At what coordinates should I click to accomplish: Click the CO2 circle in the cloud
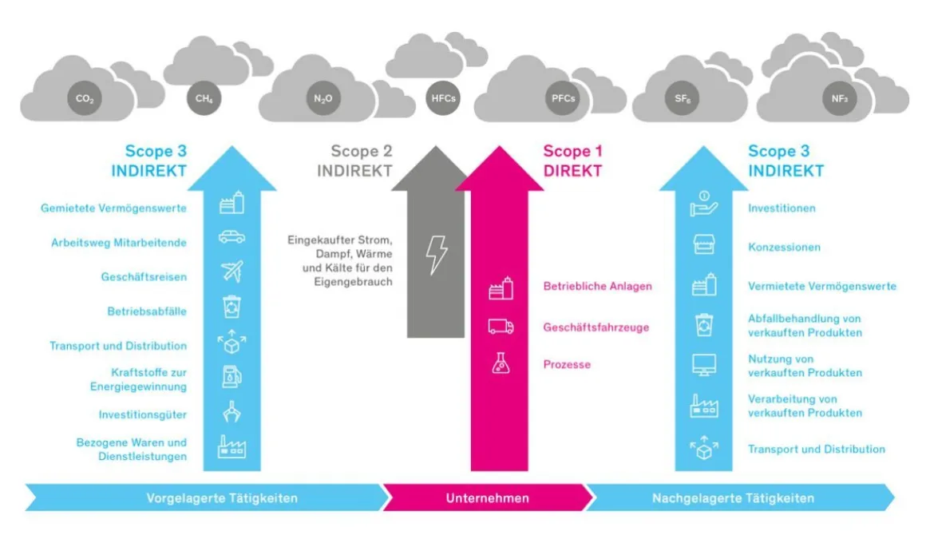coord(85,100)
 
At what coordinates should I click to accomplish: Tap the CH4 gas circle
coord(204,100)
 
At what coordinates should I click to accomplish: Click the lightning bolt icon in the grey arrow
coord(437,255)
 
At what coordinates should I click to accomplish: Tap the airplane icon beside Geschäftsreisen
coord(231,272)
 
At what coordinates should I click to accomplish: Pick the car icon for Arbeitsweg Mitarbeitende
coord(231,237)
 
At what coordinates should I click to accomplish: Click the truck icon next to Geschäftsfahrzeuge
coord(501,327)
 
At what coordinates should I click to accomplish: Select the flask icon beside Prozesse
coord(501,364)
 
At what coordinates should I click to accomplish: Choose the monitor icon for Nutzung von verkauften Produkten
coord(703,366)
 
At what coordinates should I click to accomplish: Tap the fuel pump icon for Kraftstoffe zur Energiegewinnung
coord(231,376)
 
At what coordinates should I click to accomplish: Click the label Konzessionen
coord(784,248)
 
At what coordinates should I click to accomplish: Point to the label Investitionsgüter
coord(143,415)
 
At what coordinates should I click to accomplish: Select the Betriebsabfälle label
coord(147,311)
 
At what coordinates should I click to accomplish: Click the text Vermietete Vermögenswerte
coord(821,286)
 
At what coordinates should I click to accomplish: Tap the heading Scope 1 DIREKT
coord(572,161)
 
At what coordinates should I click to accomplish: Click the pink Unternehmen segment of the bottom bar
coord(487,498)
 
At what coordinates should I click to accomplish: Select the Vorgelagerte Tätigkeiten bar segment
coord(222,498)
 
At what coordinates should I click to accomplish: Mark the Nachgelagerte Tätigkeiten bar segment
coord(733,498)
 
